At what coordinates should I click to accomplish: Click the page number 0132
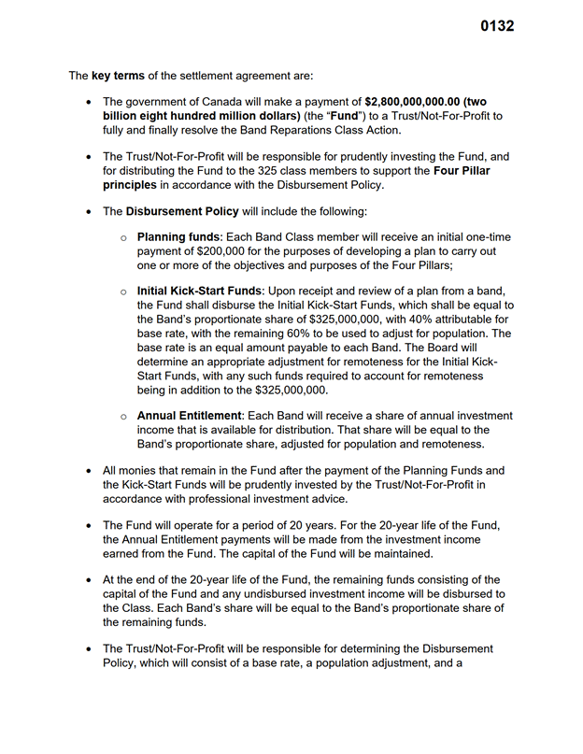click(x=496, y=26)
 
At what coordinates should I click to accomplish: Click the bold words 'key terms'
click(x=118, y=75)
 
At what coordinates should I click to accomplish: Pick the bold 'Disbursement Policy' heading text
click(x=182, y=212)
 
